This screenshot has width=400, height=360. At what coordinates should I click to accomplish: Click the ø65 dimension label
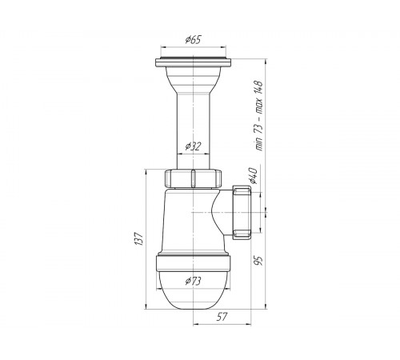coord(193,40)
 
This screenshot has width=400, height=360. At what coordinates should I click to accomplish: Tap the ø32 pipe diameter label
coord(193,146)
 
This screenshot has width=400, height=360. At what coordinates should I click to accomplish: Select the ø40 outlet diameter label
coord(253,176)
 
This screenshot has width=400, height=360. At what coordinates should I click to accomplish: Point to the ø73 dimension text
coord(193,281)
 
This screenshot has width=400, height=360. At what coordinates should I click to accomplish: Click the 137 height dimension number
coord(139,238)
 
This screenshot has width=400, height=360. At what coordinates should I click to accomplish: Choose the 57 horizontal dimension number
coord(222,317)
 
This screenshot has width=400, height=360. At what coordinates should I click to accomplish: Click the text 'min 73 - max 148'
coord(258,116)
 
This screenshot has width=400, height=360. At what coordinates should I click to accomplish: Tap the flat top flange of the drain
coord(194,62)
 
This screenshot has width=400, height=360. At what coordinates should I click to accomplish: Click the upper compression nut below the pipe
coord(193,178)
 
